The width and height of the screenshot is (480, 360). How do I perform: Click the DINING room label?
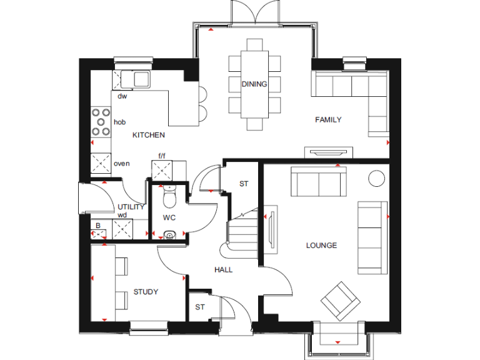pyautogui.click(x=254, y=84)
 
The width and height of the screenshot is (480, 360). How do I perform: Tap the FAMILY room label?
pyautogui.click(x=327, y=120)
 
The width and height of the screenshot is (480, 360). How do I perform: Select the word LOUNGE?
pyautogui.click(x=321, y=246)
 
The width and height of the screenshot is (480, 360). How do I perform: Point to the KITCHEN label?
pyautogui.click(x=148, y=135)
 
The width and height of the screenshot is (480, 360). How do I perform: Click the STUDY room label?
pyautogui.click(x=146, y=292)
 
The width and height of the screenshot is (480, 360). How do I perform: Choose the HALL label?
pyautogui.click(x=223, y=270)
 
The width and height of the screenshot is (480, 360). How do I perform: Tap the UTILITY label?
pyautogui.click(x=131, y=207)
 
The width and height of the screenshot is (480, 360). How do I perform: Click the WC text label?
pyautogui.click(x=169, y=218)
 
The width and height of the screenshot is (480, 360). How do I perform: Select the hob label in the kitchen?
pyautogui.click(x=119, y=122)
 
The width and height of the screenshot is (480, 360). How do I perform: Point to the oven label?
pyautogui.click(x=121, y=164)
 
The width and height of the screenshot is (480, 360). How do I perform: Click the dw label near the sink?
pyautogui.click(x=122, y=96)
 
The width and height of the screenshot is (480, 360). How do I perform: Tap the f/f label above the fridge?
pyautogui.click(x=162, y=156)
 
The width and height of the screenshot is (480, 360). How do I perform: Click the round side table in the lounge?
pyautogui.click(x=377, y=178)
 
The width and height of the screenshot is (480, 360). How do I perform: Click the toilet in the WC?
pyautogui.click(x=168, y=199)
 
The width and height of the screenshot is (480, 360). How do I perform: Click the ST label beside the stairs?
pyautogui.click(x=244, y=184)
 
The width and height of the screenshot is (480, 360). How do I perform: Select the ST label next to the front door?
pyautogui.click(x=199, y=307)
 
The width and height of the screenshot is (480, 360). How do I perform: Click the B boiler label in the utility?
pyautogui.click(x=97, y=226)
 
